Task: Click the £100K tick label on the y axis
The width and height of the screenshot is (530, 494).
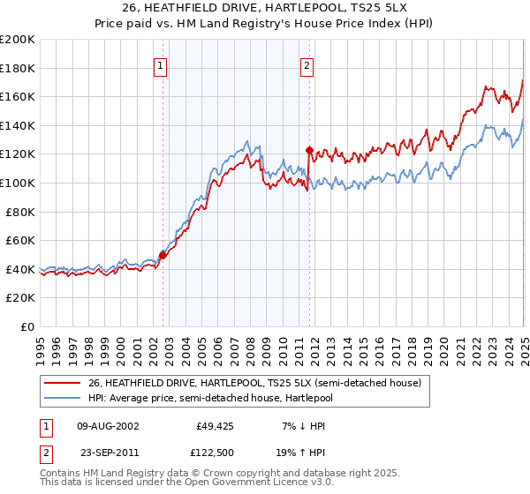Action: click(18, 183)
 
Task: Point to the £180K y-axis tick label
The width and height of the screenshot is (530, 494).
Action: click(18, 68)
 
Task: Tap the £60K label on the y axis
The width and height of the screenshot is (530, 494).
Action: click(20, 240)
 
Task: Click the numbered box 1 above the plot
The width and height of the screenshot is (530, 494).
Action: click(162, 64)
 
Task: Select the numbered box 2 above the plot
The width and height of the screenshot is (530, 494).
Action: click(307, 64)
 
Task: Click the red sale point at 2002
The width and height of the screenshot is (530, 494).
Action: click(163, 255)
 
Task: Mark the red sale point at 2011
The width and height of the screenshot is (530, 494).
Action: click(309, 151)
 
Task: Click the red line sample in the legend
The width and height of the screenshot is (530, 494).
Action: click(63, 383)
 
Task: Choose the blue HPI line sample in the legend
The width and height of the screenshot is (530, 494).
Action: click(63, 397)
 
